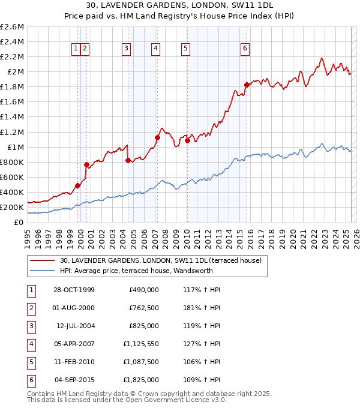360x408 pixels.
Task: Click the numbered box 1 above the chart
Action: tap(77, 49)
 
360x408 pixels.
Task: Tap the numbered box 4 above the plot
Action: tap(155, 49)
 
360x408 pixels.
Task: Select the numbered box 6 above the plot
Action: tap(246, 49)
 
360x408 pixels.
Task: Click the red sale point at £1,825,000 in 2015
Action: tap(247, 85)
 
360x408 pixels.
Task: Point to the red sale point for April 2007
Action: tap(157, 137)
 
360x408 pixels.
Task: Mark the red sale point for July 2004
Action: tap(128, 160)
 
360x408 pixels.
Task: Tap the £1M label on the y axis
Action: tap(16, 147)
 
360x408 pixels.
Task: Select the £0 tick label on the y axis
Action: tap(20, 222)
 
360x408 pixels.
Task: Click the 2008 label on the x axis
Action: tap(166, 236)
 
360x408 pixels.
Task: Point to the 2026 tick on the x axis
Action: tap(356, 236)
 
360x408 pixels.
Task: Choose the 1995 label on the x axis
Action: tap(28, 236)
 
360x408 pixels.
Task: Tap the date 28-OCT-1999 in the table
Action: tap(73, 290)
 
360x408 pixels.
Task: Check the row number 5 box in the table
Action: tap(31, 362)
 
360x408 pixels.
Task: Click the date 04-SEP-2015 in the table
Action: tap(73, 380)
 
